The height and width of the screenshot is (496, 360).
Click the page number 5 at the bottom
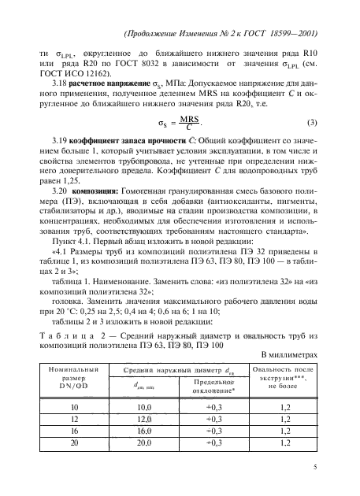[x=314, y=467]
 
